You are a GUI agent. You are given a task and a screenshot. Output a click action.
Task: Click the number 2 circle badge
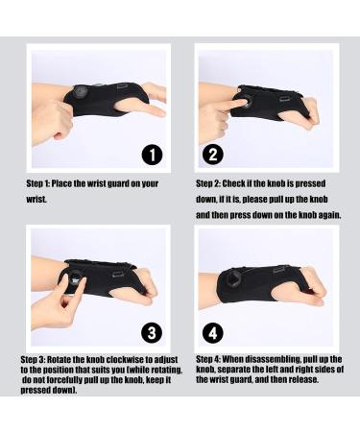tap(214, 154)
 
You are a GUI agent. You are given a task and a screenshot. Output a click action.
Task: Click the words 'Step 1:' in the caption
tap(39, 182)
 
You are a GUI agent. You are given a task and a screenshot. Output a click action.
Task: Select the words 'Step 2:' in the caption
tap(210, 182)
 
